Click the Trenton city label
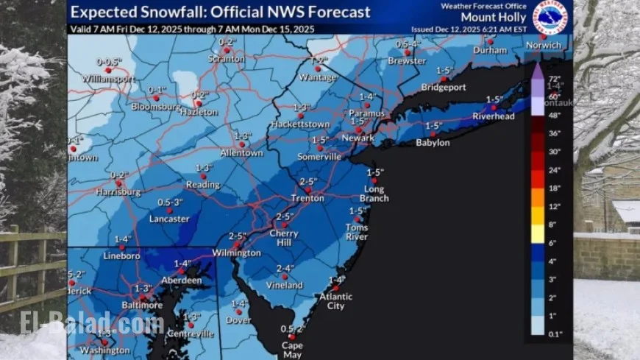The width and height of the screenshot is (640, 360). pos(307,199)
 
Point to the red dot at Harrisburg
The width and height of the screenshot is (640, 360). pos(118,183)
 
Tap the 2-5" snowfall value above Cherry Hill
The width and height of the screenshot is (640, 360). pos(285,216)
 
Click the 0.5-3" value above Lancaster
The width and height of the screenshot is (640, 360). pos(170,201)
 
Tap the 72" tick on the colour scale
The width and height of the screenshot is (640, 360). pos(555,78)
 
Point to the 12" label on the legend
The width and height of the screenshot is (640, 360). pos(555,206)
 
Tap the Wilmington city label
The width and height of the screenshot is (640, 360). pos(237,253)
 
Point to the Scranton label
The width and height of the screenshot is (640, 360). pos(227,58)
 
